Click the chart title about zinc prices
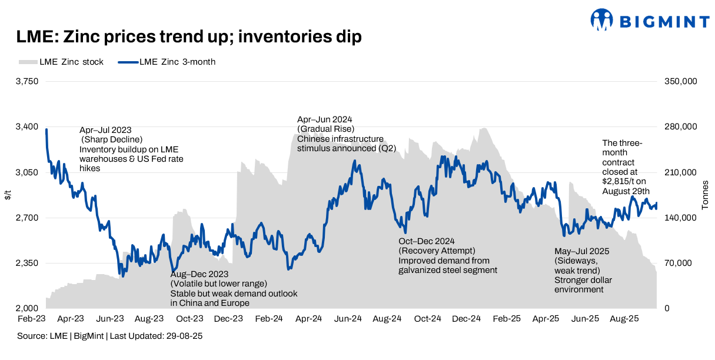point(188,37)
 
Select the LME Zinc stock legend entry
point(61,62)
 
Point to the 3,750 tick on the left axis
point(26,81)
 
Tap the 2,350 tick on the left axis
point(26,263)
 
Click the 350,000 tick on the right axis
point(681,81)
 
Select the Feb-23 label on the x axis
point(32,319)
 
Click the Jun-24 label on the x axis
point(348,319)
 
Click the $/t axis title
point(8,195)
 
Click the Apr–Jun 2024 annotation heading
point(325,119)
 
